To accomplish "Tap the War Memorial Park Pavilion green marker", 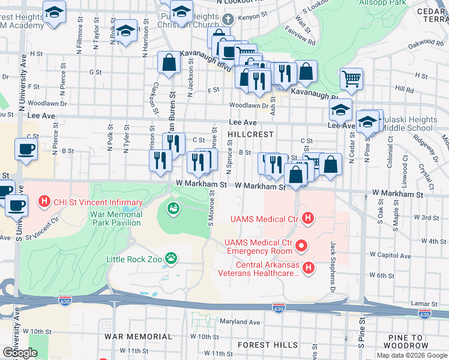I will click(x=172, y=209).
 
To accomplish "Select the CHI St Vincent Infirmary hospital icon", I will click(x=44, y=202).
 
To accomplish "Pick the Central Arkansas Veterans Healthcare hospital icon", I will click(x=309, y=267).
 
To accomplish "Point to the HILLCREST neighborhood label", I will click(x=251, y=134).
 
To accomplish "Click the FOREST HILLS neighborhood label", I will click(x=268, y=345).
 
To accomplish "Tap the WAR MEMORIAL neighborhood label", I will click(x=130, y=337).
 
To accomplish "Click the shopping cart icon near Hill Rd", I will click(x=351, y=77).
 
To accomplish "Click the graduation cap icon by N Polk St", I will click(x=126, y=31).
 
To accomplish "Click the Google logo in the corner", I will click(x=19, y=353).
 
